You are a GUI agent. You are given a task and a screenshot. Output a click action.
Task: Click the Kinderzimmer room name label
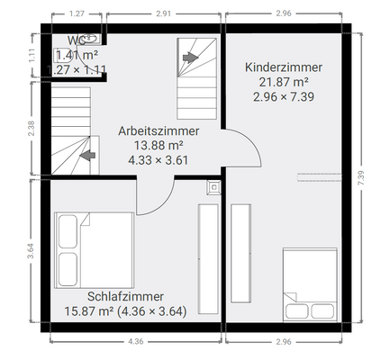click(x=284, y=67)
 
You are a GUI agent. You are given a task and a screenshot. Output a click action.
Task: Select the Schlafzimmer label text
click(x=125, y=296)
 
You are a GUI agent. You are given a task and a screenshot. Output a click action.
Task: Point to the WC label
click(x=75, y=40)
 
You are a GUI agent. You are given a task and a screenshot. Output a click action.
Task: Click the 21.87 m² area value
click(x=284, y=83)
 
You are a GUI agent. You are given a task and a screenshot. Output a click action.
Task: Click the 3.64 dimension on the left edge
click(x=31, y=249)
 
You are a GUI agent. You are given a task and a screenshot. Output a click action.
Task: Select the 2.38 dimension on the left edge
click(x=31, y=129)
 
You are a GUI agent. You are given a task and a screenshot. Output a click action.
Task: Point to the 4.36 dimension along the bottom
click(x=135, y=342)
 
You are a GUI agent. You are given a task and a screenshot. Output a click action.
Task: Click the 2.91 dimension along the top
click(x=163, y=14)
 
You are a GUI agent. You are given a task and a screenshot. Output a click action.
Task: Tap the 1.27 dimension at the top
click(x=77, y=14)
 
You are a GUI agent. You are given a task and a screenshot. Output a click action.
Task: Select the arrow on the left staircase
click(x=87, y=155)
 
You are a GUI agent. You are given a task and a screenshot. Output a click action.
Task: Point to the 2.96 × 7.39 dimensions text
click(x=284, y=98)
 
